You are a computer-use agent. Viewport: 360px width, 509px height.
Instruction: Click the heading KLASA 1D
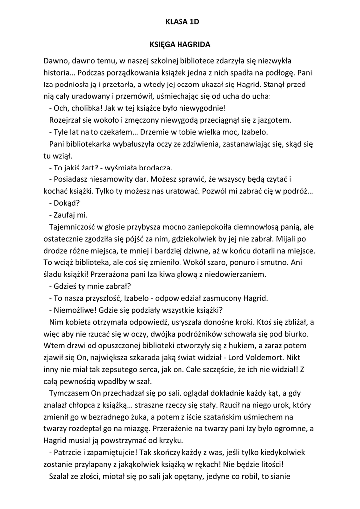tap(180, 22)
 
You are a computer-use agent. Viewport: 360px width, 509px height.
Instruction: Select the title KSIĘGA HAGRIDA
tap(180, 44)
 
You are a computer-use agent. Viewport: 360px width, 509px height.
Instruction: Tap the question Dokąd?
tap(65, 203)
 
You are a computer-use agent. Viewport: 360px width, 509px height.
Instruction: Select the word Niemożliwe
tap(74, 310)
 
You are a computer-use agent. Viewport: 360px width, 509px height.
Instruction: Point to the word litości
tap(267, 464)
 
